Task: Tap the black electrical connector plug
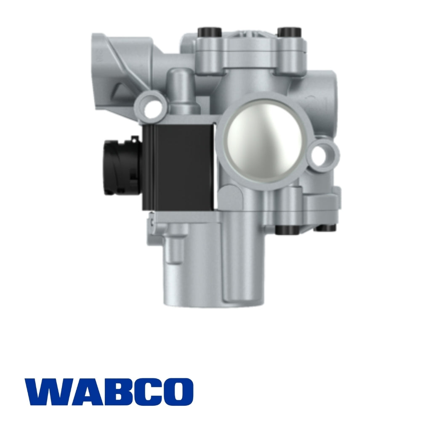pyautogui.click(x=118, y=167)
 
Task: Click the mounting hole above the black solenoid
pyautogui.click(x=150, y=105)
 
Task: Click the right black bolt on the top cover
pyautogui.click(x=288, y=32)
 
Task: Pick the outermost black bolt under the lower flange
pyautogui.click(x=327, y=227)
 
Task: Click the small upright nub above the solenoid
pyautogui.click(x=181, y=84)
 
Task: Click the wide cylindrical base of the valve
pyautogui.click(x=202, y=274)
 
